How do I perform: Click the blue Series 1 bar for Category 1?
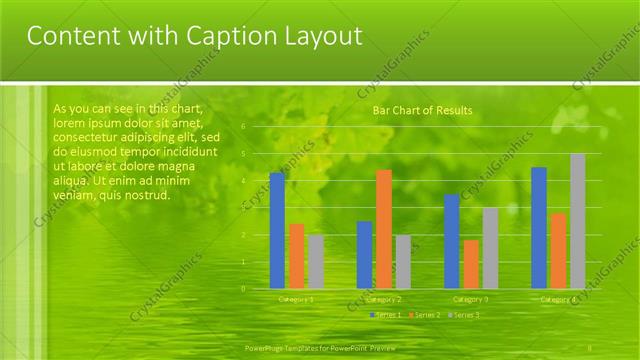[277, 231]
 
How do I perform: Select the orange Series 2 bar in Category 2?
[384, 229]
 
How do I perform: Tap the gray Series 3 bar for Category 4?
[578, 221]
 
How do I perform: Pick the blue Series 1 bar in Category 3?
[452, 241]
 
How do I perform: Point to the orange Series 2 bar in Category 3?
[471, 264]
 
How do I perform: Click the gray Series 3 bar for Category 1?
[316, 262]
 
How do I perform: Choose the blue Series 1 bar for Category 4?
[539, 228]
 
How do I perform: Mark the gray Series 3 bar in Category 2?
[403, 262]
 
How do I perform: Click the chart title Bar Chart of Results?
[422, 110]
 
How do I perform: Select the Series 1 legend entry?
[386, 315]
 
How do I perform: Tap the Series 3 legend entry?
[463, 315]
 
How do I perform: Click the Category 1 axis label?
[296, 299]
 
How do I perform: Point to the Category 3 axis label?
[471, 299]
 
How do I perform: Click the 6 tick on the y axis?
[243, 128]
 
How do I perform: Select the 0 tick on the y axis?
[243, 289]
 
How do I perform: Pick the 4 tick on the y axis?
[243, 181]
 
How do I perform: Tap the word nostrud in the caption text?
[148, 195]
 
